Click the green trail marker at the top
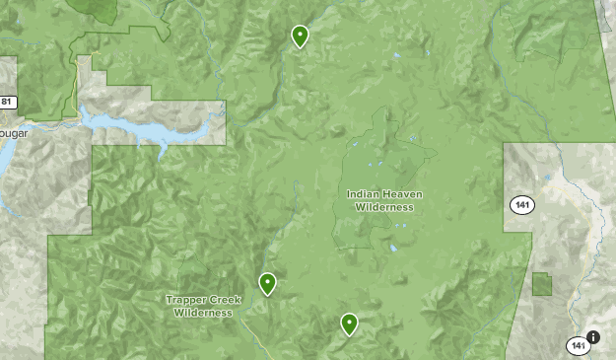tap(300, 36)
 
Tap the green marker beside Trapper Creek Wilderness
tap(267, 284)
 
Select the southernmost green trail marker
tap(349, 323)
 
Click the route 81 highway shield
tap(7, 102)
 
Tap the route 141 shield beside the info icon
tap(578, 345)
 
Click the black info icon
tap(593, 336)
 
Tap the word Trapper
tap(186, 300)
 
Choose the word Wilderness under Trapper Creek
tap(202, 313)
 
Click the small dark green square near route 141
tap(542, 284)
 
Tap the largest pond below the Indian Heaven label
tap(392, 248)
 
